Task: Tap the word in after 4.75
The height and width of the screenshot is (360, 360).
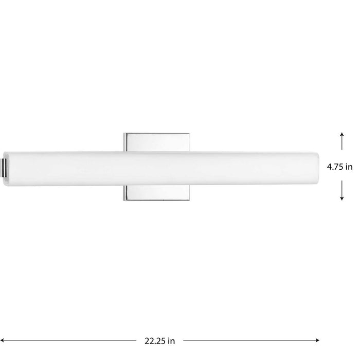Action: (x=349, y=167)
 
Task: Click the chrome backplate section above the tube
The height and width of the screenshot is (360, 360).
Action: (x=158, y=142)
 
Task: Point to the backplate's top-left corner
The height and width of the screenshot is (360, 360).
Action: (x=124, y=134)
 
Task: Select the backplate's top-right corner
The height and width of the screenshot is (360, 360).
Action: (x=192, y=134)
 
